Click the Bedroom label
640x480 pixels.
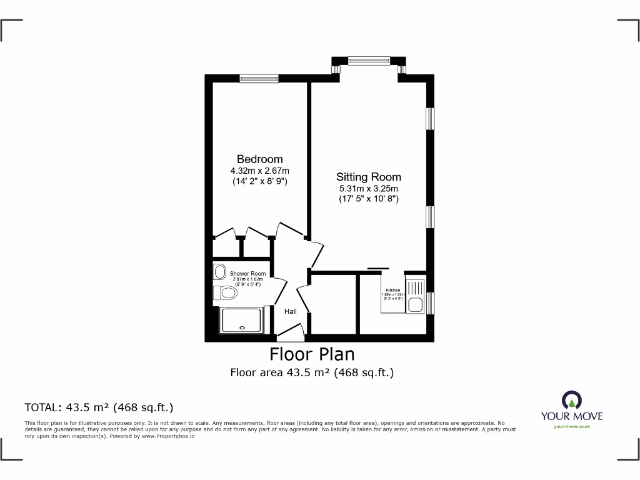(259, 159)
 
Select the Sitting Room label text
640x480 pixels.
(369, 177)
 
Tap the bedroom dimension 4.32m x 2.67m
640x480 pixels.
(259, 171)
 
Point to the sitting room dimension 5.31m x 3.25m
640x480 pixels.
(369, 188)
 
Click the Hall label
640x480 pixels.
(291, 311)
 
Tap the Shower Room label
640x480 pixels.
(247, 274)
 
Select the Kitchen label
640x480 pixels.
(393, 291)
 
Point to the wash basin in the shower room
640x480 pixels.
(219, 272)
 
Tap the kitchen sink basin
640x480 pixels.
(415, 305)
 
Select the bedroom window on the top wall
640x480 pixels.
(259, 78)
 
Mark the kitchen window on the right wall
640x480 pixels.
(431, 302)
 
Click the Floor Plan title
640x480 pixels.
(312, 354)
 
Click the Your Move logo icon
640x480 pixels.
(571, 401)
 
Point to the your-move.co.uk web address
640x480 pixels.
(571, 426)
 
